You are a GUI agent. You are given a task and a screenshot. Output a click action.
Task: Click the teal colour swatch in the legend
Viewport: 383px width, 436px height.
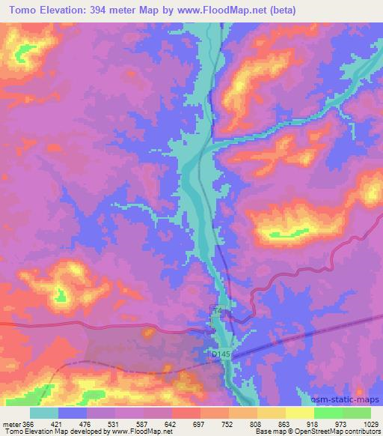[45, 413]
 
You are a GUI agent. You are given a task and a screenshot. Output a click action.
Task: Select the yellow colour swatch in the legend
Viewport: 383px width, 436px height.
[301, 413]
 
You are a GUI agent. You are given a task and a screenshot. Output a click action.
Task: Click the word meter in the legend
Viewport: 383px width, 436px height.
[10, 423]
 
